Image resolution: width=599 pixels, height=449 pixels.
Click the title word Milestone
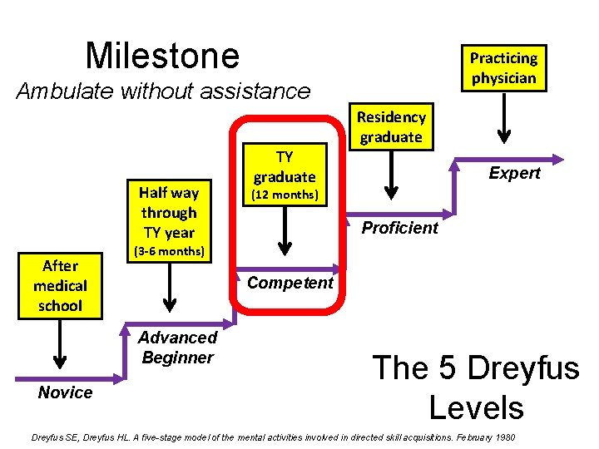coord(162,56)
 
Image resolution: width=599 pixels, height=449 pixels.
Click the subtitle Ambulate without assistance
coord(163,91)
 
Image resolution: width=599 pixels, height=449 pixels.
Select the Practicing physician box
coord(504,68)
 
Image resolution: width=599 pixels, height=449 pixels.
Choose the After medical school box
coord(60,285)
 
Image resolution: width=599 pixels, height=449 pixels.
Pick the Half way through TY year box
coord(169,212)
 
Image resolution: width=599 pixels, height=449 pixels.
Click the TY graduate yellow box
coord(285,166)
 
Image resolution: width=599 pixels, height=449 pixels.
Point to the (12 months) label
coord(285,195)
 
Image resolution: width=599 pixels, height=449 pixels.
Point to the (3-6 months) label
coord(169,250)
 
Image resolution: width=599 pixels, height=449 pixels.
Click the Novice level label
coord(65,392)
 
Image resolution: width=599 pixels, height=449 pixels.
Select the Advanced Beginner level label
coord(177,348)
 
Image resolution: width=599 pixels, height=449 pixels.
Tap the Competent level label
coord(290,283)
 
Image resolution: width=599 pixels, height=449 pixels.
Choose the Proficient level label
coord(399,228)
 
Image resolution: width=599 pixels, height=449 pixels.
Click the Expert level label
coord(514,173)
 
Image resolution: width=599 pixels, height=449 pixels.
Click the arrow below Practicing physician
coord(502,116)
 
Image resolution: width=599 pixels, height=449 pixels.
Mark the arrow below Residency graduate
coord(389,175)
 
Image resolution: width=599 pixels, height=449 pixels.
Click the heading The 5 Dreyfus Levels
coord(475,387)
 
